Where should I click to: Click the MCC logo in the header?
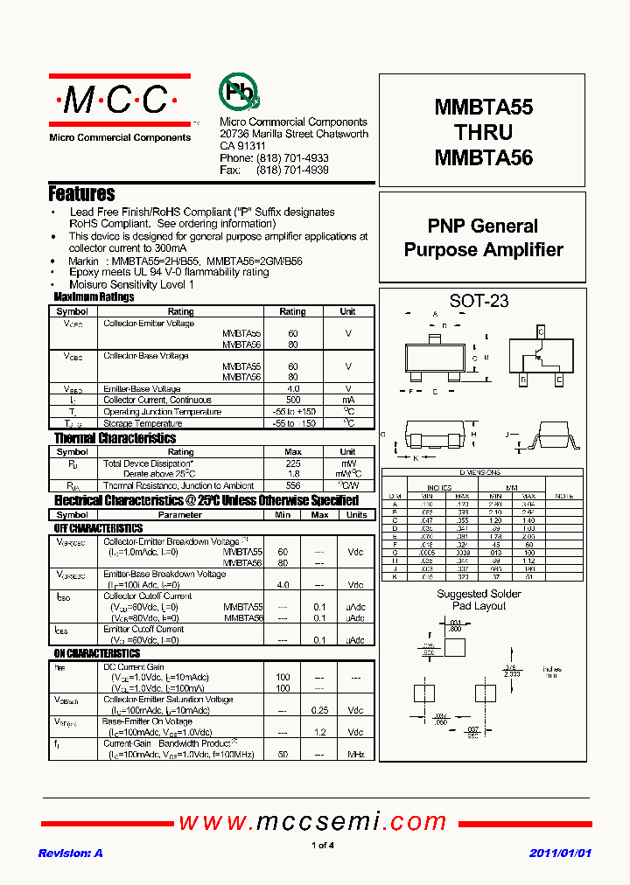click(119, 101)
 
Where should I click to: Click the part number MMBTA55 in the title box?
click(483, 108)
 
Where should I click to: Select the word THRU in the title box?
click(483, 133)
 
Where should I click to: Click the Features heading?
click(81, 194)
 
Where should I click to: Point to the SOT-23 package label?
click(479, 302)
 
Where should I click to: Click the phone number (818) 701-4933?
click(292, 158)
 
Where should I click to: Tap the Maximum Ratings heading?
click(94, 297)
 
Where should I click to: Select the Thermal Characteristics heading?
click(115, 438)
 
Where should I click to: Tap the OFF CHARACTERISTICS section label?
click(98, 528)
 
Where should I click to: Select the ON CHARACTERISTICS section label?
click(96, 653)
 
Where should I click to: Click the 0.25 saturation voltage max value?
click(320, 710)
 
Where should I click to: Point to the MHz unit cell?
click(355, 753)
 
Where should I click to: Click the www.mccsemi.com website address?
click(312, 822)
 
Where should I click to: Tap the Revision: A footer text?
click(71, 853)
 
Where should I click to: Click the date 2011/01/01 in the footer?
click(561, 853)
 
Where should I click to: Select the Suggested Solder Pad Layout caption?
click(479, 600)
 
